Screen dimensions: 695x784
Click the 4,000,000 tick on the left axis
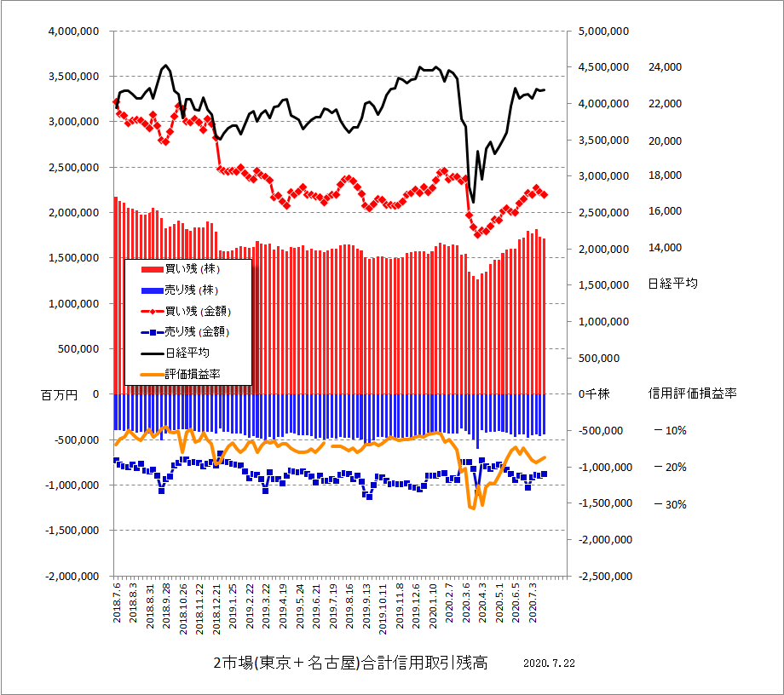coord(74,32)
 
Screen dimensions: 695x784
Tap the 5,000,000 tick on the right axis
coord(602,32)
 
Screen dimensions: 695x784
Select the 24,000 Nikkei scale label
coord(667,66)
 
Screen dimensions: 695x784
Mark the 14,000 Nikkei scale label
coord(667,248)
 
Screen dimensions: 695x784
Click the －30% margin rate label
coord(670,504)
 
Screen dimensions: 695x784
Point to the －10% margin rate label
coord(670,431)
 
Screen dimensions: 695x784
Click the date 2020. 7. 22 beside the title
coord(549,663)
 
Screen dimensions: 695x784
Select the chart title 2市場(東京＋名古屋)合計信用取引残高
coord(349,663)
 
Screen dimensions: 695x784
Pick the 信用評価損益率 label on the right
coord(692,393)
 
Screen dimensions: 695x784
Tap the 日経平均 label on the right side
coord(672,284)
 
